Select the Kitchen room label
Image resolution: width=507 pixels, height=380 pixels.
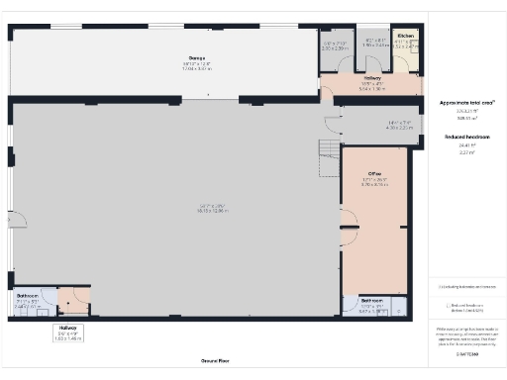point(405,36)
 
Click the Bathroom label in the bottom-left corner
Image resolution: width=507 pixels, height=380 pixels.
point(27,295)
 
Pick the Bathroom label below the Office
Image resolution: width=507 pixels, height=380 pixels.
point(372,300)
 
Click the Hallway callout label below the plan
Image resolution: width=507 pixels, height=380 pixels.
point(67,327)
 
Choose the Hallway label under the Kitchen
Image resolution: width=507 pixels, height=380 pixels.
point(372,77)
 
